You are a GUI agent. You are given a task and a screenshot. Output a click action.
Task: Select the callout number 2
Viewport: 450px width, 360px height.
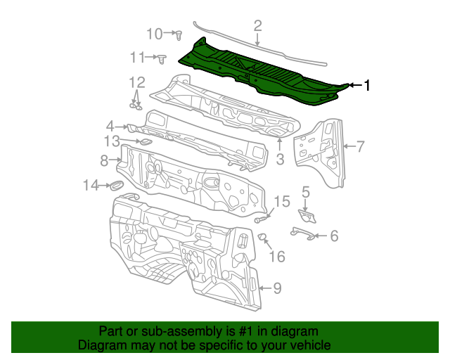point(258,27)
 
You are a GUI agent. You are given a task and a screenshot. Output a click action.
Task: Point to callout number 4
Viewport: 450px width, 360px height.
point(110,125)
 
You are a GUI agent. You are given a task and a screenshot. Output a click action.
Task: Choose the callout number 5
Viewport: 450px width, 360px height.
point(306,191)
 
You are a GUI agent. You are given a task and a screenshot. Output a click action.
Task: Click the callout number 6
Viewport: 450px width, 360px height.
point(333,236)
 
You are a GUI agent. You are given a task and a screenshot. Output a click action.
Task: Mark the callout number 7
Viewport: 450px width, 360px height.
point(360,146)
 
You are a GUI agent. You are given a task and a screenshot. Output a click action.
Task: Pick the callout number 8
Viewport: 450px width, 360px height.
point(104,160)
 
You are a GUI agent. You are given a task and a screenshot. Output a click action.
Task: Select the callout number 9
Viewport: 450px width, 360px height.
point(277,288)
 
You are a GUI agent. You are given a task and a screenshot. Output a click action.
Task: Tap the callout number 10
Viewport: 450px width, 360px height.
point(154,33)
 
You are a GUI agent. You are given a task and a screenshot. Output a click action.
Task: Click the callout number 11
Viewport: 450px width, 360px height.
point(137,57)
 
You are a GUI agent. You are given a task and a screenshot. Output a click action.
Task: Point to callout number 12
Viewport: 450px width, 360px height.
point(136,82)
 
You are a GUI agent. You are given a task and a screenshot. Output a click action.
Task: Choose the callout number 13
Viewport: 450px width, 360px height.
point(112,141)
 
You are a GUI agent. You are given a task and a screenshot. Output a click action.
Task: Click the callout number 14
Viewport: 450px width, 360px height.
point(91,185)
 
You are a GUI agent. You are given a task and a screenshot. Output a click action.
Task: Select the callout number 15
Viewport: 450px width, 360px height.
point(281,202)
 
